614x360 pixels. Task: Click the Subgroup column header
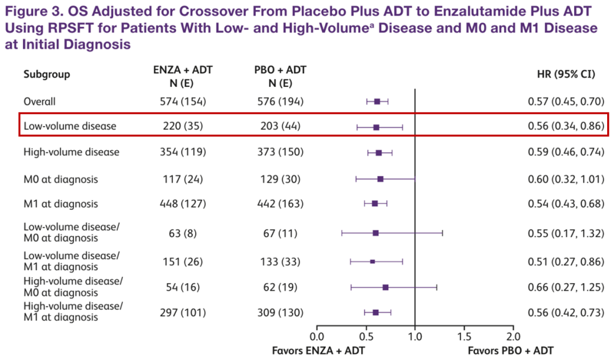click(x=47, y=75)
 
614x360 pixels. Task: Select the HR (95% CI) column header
click(x=566, y=75)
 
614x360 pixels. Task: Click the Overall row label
click(x=39, y=102)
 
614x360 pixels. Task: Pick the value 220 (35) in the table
click(x=182, y=126)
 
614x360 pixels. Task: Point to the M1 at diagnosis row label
click(x=60, y=204)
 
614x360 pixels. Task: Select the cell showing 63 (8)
click(x=182, y=233)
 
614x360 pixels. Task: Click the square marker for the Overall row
click(x=377, y=102)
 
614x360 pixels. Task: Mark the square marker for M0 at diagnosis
click(x=380, y=179)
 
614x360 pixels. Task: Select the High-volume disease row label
click(x=71, y=152)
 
